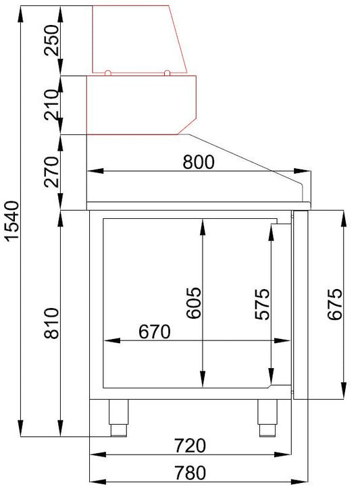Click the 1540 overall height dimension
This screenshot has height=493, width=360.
tap(13, 220)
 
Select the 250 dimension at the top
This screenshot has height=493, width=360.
tap(51, 41)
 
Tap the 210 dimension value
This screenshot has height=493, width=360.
tap(51, 105)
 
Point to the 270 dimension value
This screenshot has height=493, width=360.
tap(51, 172)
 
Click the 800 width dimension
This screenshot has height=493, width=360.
tap(199, 162)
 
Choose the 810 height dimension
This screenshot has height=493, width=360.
tap(51, 323)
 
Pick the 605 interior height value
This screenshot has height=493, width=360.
tap(193, 303)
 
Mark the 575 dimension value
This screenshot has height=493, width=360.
tap(262, 304)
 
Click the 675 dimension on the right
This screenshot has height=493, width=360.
tap(334, 304)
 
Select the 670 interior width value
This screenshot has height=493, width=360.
tap(155, 332)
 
